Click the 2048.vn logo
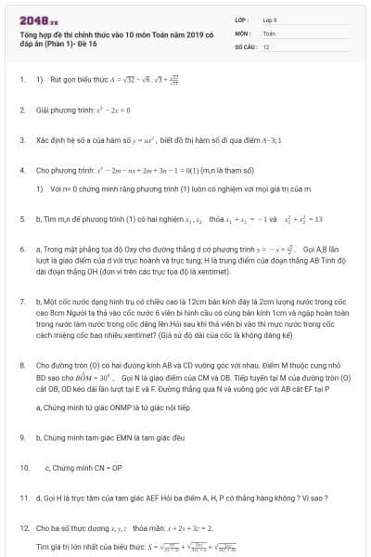(35, 19)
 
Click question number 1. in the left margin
(22, 80)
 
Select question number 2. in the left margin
(22, 110)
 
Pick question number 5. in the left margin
(22, 219)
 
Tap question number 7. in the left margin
(22, 303)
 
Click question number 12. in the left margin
(25, 527)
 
